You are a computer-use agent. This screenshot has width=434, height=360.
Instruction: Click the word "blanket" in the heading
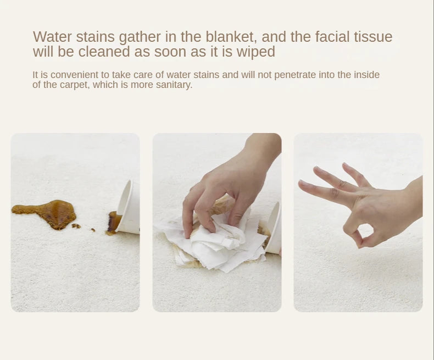click(231, 37)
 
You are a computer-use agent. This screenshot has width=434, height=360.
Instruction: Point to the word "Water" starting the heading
click(52, 37)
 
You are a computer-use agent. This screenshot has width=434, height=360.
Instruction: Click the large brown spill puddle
click(47, 213)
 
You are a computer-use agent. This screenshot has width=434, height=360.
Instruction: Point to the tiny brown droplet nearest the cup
click(93, 230)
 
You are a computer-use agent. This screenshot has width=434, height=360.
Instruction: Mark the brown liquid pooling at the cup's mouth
click(114, 223)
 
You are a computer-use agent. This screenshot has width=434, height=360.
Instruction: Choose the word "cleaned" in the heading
click(104, 52)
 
